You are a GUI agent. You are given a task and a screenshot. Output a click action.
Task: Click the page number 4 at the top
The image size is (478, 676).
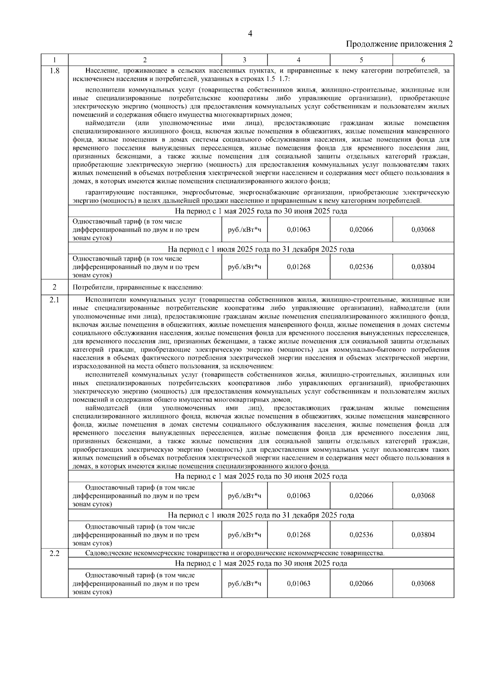250,34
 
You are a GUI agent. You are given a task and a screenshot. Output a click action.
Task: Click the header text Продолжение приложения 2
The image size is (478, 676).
399,44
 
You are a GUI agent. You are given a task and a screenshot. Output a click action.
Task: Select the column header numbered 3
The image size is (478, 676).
244,60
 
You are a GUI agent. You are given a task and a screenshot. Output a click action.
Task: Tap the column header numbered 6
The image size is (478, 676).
423,60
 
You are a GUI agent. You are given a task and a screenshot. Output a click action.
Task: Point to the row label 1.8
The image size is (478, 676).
54,71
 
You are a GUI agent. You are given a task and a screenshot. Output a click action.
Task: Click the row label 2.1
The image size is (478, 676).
54,300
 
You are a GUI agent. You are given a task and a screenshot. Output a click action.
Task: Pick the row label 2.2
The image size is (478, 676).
54,553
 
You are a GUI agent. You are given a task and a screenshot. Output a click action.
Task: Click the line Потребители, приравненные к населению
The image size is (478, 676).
138,287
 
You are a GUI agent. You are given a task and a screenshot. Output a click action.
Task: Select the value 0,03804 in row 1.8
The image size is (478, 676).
423,267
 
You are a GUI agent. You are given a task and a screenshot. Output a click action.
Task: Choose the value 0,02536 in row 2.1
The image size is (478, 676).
361,535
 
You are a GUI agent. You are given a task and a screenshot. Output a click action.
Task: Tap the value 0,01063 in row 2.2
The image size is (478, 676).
298,584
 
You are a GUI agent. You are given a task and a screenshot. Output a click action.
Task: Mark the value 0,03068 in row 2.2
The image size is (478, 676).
423,584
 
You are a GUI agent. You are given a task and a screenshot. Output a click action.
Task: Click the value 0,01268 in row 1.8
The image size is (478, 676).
298,267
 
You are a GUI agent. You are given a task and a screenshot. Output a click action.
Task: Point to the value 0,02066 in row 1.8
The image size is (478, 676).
361,229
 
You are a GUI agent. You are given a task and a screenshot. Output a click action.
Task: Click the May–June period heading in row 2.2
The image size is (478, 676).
261,563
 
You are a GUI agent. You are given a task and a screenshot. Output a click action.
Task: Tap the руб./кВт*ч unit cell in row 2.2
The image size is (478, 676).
244,584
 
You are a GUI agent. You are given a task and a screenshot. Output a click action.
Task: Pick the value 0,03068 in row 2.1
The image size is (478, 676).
423,496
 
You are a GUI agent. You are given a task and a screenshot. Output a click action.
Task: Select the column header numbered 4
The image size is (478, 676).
298,60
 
